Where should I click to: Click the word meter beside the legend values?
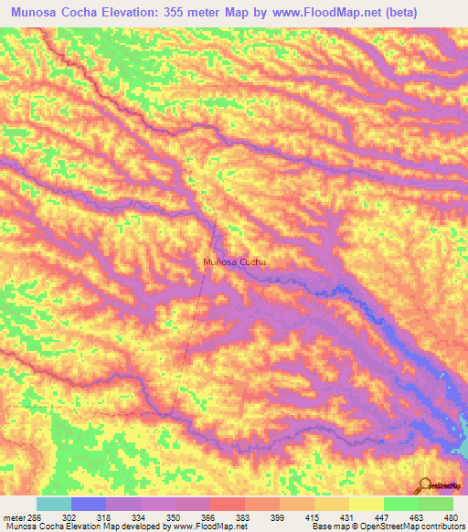coord(15,517)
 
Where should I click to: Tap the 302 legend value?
coord(73,517)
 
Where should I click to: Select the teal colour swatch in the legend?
coord(54,504)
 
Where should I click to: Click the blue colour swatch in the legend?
coord(89,504)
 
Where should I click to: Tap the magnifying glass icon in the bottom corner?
coord(427,486)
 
